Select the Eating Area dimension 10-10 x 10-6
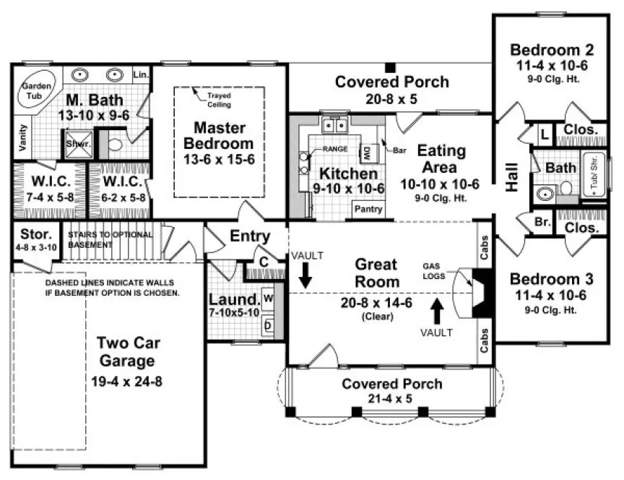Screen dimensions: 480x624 pos(441,184)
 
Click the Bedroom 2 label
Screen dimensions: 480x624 pos(552,50)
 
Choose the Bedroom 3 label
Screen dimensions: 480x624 pos(552,280)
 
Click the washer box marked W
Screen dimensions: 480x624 pos(267,297)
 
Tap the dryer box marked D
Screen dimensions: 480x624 pos(267,325)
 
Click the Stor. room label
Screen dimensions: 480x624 pos(35,234)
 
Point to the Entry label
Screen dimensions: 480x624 pos(250,236)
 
